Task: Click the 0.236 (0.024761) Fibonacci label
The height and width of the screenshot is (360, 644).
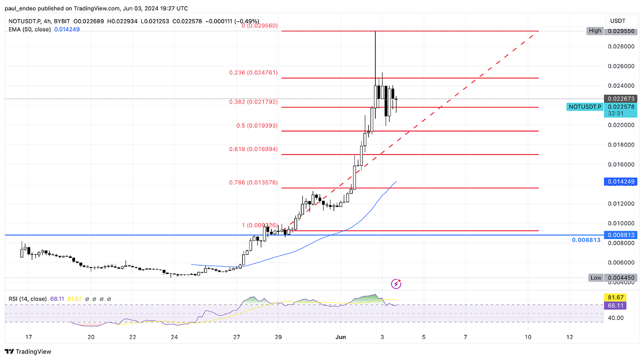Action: coord(253,73)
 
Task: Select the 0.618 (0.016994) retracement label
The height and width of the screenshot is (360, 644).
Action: coord(253,149)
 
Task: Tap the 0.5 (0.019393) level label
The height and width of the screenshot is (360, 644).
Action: coord(257,125)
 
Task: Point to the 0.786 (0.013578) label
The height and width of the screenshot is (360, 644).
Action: coord(253,183)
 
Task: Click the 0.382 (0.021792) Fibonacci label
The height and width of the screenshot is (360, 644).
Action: coord(253,102)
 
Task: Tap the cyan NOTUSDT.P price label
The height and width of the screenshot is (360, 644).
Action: coord(585,107)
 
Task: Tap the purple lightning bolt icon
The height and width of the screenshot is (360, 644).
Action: coord(396,284)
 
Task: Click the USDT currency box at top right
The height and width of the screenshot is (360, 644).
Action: coord(618,21)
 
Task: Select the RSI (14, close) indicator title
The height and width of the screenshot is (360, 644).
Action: coord(28,299)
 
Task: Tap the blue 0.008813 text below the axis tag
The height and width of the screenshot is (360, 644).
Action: coord(586,240)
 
